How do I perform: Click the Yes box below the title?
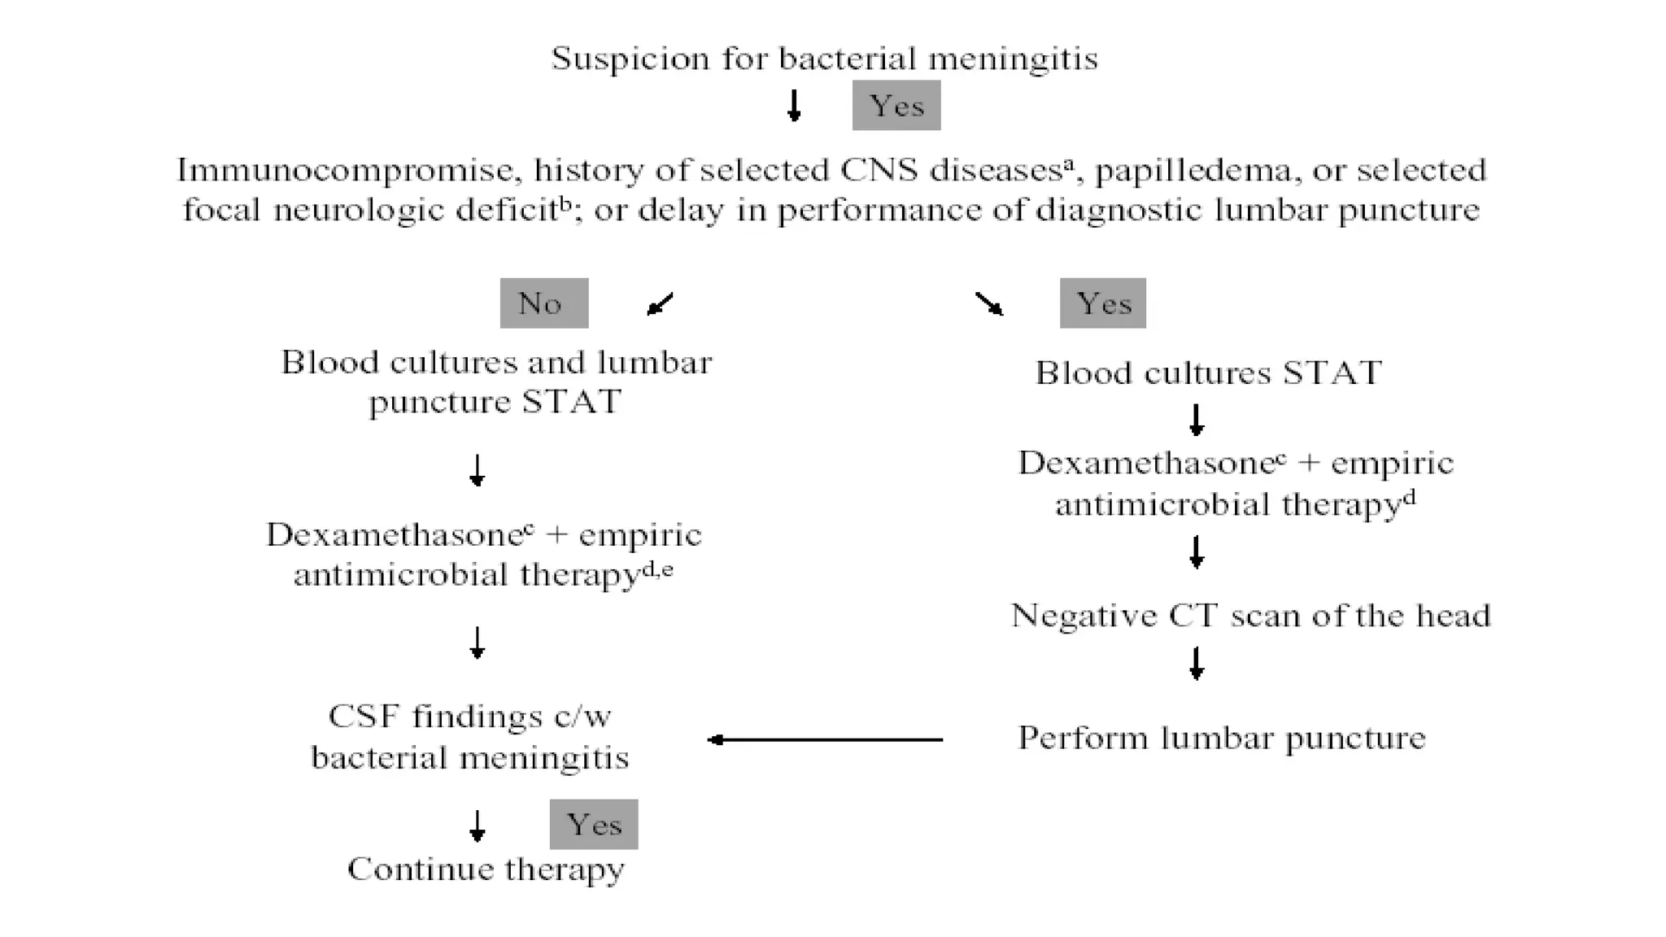pos(896,105)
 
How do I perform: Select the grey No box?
pos(543,303)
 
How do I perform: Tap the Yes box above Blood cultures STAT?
pos(1102,303)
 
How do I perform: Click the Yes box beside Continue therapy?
pos(593,824)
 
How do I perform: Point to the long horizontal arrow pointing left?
pos(825,739)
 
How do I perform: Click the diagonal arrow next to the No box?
pos(660,304)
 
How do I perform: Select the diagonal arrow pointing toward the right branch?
pos(989,304)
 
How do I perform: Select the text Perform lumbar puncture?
pos(1221,738)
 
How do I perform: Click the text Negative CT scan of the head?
pos(1250,615)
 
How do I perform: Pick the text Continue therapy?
pos(486,869)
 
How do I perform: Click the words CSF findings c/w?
pos(469,717)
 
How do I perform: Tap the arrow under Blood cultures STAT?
pos(1196,420)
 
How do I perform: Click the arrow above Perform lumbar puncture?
pos(1196,663)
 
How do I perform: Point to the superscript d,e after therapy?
pos(657,570)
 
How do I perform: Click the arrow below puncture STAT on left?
pos(478,470)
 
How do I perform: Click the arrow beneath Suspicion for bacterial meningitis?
pos(794,105)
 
